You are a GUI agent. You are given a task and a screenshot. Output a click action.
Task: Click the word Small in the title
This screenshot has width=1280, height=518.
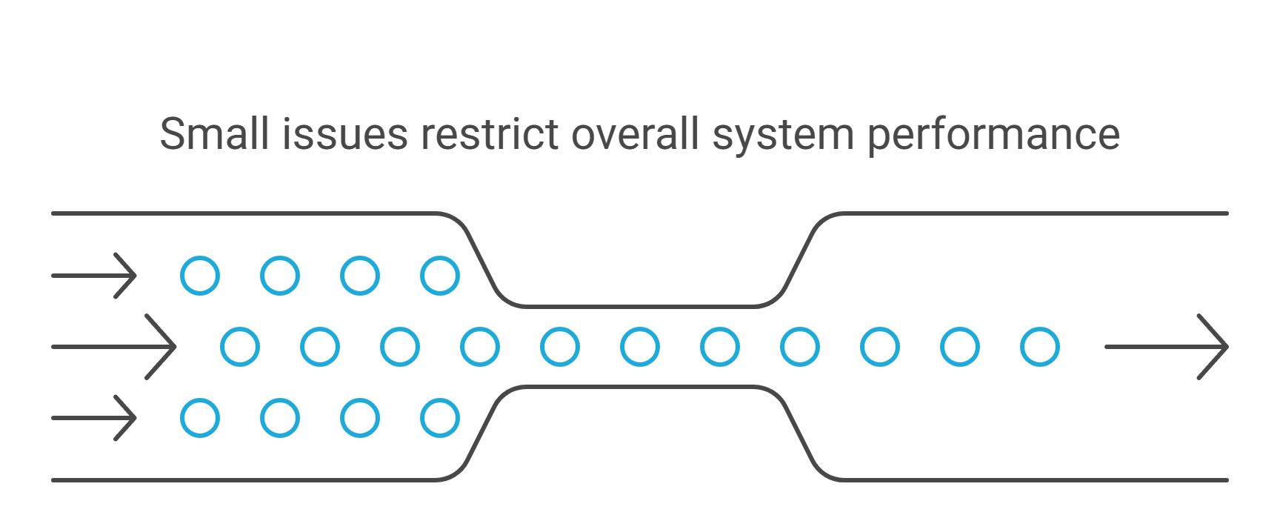tap(213, 134)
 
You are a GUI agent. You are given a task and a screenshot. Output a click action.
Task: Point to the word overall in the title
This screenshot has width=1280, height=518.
tap(635, 134)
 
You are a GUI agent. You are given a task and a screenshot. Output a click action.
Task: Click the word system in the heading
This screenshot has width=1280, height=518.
tap(783, 136)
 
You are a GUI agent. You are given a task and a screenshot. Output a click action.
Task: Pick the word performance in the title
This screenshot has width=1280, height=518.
tap(993, 136)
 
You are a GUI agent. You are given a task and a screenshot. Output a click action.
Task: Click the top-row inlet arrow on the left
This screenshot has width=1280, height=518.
tap(94, 276)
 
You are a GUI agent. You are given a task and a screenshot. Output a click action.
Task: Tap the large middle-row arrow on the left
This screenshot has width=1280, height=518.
tap(114, 347)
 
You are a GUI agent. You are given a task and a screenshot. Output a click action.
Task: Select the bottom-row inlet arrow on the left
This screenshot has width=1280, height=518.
tap(94, 418)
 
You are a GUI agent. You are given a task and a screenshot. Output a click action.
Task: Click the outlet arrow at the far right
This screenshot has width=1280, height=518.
tap(1166, 347)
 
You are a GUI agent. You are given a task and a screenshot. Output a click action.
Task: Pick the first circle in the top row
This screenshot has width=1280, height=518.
tap(200, 276)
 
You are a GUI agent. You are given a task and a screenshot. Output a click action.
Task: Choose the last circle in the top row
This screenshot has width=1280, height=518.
tap(440, 276)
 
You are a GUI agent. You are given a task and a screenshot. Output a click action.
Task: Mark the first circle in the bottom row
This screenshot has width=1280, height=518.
tap(200, 418)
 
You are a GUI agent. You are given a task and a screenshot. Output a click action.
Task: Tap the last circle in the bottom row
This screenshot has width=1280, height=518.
tap(440, 418)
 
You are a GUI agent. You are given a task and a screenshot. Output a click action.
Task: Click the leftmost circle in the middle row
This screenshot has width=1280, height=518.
tap(240, 347)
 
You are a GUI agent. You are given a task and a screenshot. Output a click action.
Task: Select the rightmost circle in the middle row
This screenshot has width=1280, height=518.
tap(1040, 347)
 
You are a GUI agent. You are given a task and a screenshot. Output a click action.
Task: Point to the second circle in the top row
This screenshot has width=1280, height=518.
tap(280, 276)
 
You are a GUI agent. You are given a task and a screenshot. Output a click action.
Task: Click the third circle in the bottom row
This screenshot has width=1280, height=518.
tap(360, 418)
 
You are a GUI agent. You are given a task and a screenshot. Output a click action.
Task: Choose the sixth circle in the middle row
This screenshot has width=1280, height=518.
tap(640, 347)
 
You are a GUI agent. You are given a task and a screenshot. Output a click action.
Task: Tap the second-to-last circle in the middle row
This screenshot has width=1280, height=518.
tap(960, 347)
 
